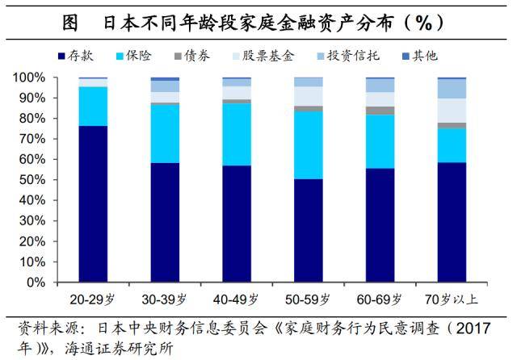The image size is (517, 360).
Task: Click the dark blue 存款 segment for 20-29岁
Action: (x=93, y=204)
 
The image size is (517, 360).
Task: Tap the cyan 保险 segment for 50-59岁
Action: (x=308, y=144)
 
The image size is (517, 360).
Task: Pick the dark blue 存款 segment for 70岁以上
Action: (x=452, y=222)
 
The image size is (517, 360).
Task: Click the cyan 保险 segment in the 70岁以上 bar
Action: (x=452, y=145)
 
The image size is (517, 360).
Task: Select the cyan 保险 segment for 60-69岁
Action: (x=380, y=141)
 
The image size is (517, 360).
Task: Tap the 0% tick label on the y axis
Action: (x=41, y=283)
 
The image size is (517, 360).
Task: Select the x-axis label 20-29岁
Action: (x=93, y=298)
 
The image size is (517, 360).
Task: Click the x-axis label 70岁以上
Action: (x=452, y=298)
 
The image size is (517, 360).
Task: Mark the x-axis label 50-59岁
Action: (x=308, y=298)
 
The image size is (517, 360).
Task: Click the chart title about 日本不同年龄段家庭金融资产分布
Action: (x=258, y=23)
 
